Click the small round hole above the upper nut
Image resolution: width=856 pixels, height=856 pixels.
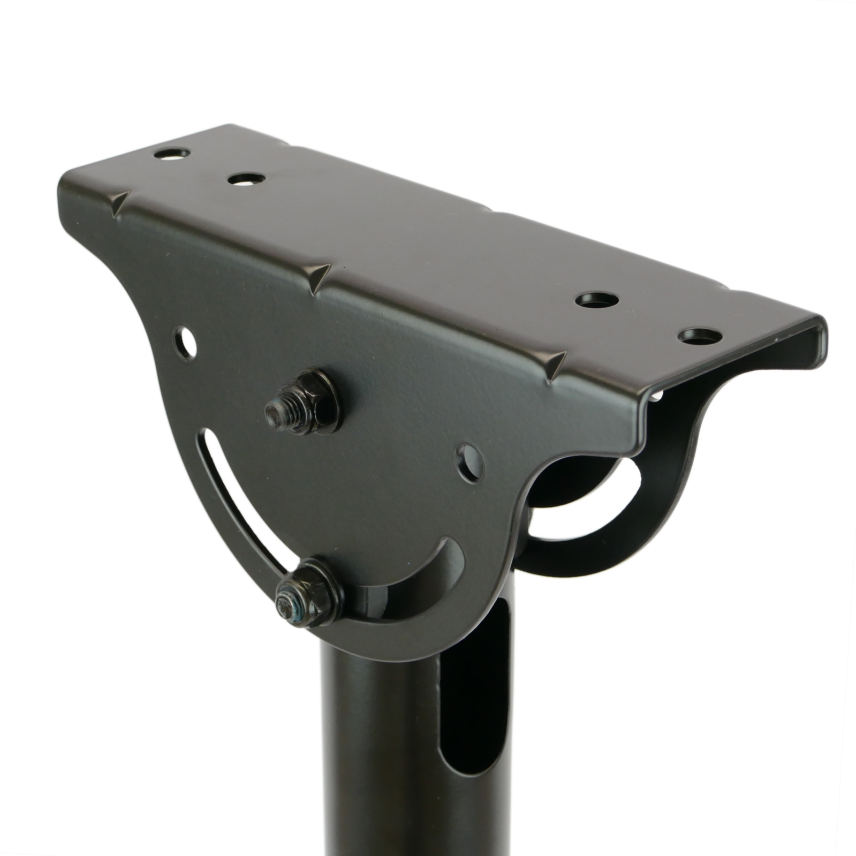coord(185,343)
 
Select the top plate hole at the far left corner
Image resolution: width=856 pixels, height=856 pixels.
coord(172,153)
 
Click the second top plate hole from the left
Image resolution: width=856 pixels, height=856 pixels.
coord(246,179)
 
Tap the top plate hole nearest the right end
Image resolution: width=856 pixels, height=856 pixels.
coord(700,337)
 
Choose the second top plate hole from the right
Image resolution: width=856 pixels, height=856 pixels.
coord(597,300)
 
